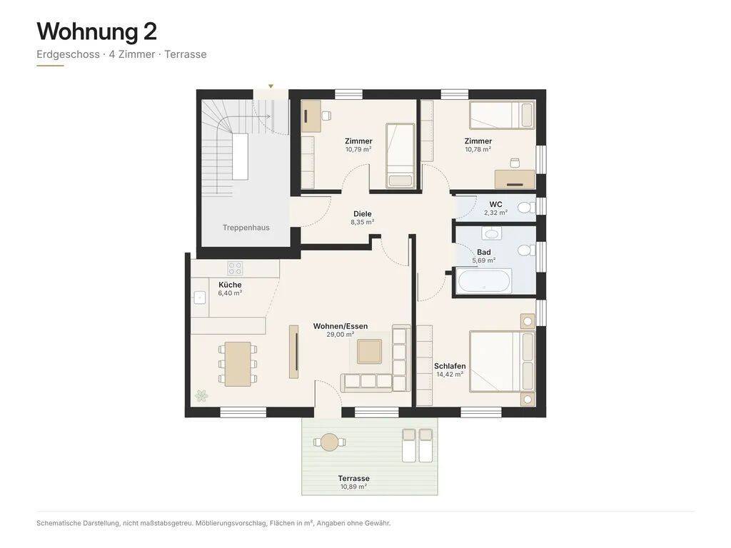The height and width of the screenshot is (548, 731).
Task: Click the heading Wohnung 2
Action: (x=96, y=31)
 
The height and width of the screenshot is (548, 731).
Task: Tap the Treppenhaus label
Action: (x=246, y=228)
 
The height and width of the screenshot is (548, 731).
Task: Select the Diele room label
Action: (x=362, y=214)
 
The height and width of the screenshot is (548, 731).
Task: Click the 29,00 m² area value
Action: (x=341, y=335)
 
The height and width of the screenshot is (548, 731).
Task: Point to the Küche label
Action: (x=230, y=285)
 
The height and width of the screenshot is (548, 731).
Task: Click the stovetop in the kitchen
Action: (x=235, y=268)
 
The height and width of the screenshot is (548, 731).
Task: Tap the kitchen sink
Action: (x=200, y=297)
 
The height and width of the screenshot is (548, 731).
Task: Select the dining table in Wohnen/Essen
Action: (x=238, y=364)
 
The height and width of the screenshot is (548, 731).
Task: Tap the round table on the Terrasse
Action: (x=330, y=442)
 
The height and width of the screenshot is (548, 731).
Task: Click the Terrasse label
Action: (x=354, y=479)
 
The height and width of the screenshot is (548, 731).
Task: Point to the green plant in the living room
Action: (x=201, y=396)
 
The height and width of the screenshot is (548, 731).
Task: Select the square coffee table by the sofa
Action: (x=369, y=352)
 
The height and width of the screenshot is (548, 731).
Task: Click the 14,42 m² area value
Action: (x=450, y=374)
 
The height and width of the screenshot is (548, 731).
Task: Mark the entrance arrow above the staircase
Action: (x=271, y=86)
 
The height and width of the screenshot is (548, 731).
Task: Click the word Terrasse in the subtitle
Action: (x=186, y=54)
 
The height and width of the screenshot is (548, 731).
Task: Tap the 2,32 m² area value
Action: (x=495, y=213)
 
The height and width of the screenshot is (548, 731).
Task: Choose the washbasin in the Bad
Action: (x=491, y=233)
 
